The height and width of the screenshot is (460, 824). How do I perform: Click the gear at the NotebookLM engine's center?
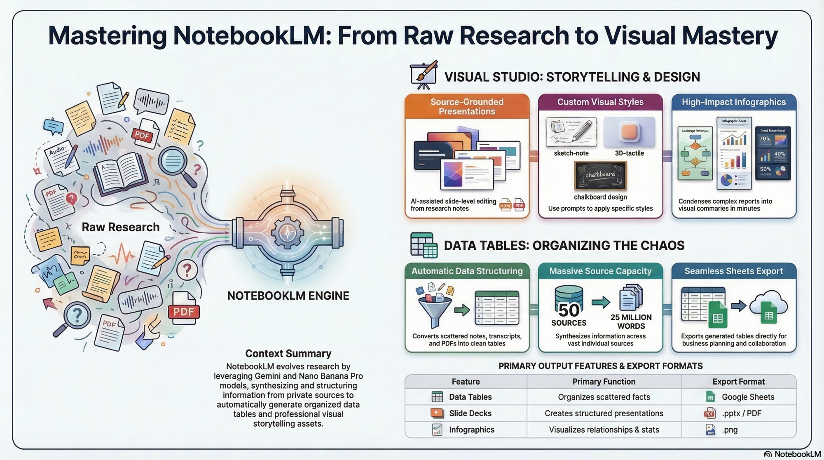tap(288, 233)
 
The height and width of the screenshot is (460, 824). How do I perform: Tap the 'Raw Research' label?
tap(120, 227)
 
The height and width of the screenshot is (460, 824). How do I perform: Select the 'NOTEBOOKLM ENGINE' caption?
tap(288, 296)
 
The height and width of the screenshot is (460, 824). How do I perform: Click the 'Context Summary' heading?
tap(288, 353)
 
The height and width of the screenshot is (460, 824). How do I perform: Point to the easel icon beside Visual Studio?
tap(424, 75)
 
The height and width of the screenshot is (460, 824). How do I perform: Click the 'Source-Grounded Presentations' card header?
tap(467, 106)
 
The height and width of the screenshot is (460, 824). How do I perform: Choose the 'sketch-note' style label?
tap(571, 153)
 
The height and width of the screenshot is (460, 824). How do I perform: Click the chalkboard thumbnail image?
tap(600, 176)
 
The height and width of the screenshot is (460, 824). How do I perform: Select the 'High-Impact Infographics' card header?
tap(733, 102)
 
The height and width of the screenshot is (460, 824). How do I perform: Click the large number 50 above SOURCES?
tap(569, 310)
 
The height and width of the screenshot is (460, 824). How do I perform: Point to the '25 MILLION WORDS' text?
tap(631, 322)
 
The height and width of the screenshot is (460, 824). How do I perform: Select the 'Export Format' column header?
tap(738, 382)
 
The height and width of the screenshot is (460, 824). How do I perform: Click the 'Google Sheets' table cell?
tap(748, 397)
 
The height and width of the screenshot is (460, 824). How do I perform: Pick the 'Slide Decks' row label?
tap(470, 413)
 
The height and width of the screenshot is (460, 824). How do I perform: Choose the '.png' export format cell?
tap(730, 430)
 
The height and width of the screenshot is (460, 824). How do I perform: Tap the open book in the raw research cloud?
tap(120, 174)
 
